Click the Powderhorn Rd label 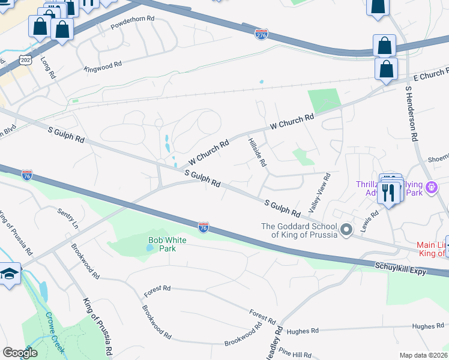[133, 27]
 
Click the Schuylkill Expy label [401, 268]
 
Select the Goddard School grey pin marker [346, 230]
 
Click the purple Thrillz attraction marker [431, 189]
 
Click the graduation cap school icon [9, 274]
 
